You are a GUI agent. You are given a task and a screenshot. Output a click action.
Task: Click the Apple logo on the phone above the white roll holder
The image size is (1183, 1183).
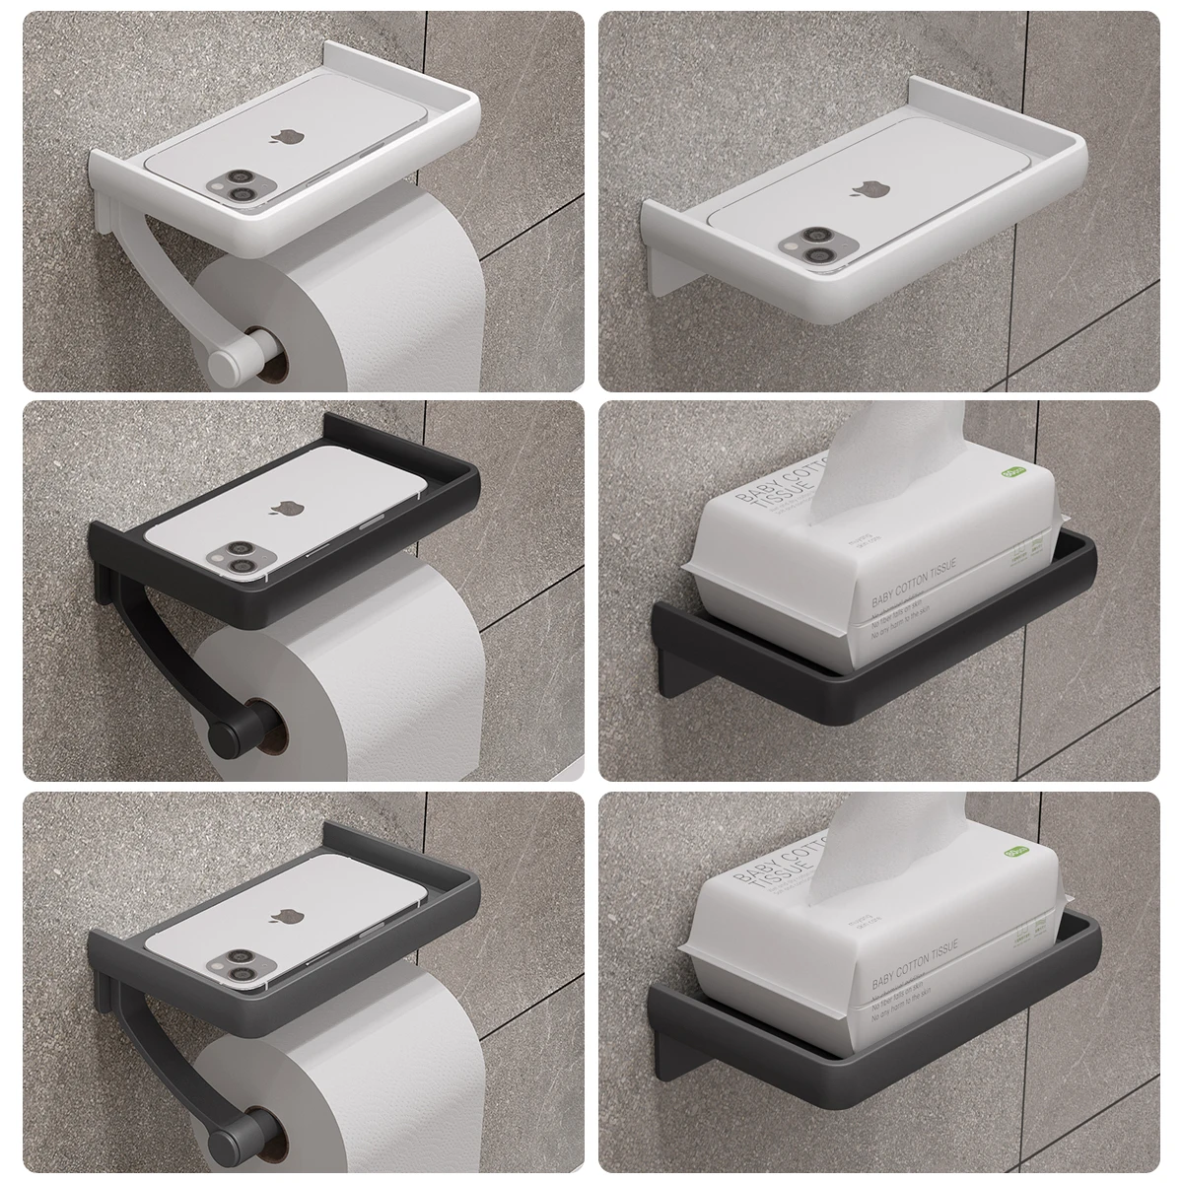(x=278, y=135)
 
